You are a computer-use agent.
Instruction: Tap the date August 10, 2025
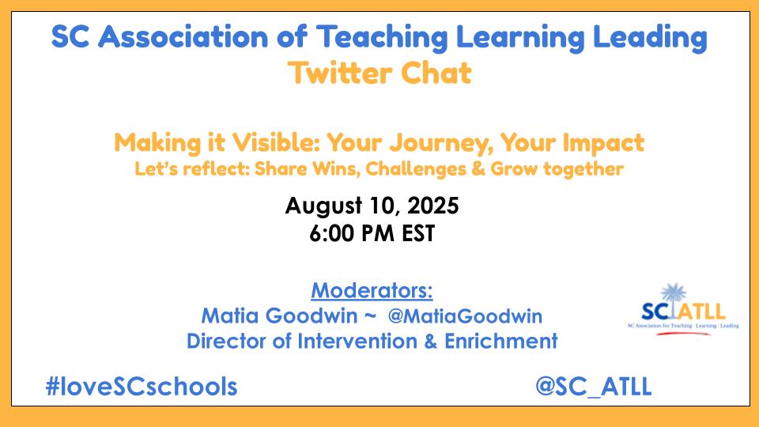click(372, 206)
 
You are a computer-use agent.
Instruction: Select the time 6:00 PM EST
click(372, 234)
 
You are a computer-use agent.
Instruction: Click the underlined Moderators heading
click(372, 290)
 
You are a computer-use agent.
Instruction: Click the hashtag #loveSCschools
click(142, 387)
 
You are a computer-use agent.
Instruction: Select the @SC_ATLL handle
click(594, 387)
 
